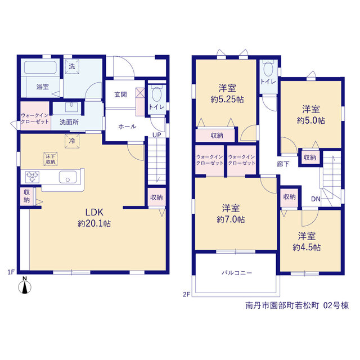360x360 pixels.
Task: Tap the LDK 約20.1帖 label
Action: click(x=94, y=218)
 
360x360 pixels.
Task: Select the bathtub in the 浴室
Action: click(x=40, y=67)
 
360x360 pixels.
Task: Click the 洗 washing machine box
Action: click(x=72, y=66)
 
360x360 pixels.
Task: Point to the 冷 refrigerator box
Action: click(x=72, y=141)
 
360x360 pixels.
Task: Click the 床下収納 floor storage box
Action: click(x=51, y=159)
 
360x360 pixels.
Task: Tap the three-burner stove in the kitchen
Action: click(x=32, y=177)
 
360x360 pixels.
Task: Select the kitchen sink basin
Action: click(x=67, y=177)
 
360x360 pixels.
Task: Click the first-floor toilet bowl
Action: click(x=156, y=94)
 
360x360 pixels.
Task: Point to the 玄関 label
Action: click(x=120, y=94)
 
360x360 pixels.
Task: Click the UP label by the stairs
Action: click(x=157, y=135)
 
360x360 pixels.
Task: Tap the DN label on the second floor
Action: click(x=316, y=199)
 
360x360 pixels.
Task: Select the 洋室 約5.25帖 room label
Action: click(x=227, y=94)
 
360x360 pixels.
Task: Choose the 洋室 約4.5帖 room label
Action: click(x=307, y=241)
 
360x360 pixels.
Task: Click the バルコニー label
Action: click(x=237, y=273)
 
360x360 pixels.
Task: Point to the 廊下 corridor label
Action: click(x=283, y=164)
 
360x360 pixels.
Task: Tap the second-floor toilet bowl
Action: click(x=268, y=69)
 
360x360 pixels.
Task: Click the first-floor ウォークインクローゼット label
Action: click(x=35, y=119)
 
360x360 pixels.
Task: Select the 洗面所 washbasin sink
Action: click(x=71, y=107)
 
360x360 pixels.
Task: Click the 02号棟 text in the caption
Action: click(x=336, y=305)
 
